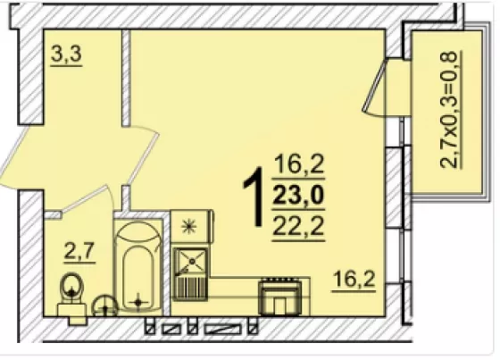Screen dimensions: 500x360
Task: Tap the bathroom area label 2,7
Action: [79, 251]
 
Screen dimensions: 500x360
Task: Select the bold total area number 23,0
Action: [298, 196]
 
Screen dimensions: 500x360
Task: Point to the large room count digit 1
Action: [254, 196]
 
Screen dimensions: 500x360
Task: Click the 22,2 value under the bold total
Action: [298, 225]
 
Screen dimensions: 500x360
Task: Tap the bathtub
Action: [137, 266]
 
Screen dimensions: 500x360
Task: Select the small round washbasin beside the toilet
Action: [105, 306]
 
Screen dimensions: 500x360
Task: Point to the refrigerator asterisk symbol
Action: [189, 226]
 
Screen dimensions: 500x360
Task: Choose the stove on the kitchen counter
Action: [280, 297]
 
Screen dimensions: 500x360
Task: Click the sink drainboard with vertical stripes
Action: [191, 288]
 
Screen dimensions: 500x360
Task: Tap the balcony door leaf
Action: [374, 85]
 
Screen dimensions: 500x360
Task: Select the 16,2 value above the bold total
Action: [298, 164]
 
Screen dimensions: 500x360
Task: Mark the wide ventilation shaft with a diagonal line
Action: [222, 329]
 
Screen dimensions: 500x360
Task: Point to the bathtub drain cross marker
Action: [138, 302]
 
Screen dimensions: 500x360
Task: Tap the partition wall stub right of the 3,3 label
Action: [126, 78]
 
